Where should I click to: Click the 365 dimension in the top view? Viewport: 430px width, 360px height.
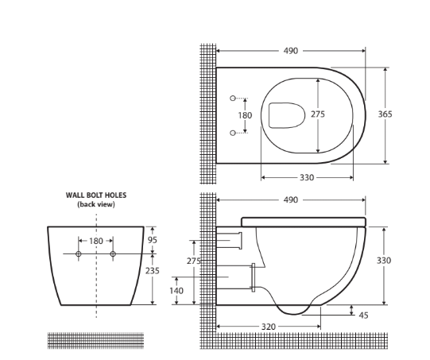pyautogui.click(x=385, y=114)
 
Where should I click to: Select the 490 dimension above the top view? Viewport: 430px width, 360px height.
pyautogui.click(x=291, y=51)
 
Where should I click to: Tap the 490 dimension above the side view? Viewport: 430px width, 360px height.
pyautogui.click(x=291, y=200)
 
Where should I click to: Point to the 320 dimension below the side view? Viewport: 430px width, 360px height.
pyautogui.click(x=268, y=327)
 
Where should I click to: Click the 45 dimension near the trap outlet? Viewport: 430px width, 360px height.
pyautogui.click(x=364, y=315)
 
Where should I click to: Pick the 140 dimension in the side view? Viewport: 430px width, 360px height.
pyautogui.click(x=176, y=291)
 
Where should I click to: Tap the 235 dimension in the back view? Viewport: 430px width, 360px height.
pyautogui.click(x=153, y=271)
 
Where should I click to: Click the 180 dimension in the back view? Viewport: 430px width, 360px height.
pyautogui.click(x=96, y=240)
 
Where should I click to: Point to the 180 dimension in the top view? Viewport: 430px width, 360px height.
pyautogui.click(x=246, y=115)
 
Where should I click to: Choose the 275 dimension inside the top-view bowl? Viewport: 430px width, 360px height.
pyautogui.click(x=317, y=114)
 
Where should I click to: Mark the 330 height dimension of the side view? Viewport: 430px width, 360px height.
pyautogui.click(x=385, y=261)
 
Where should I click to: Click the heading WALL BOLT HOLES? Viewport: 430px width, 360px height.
pyautogui.click(x=96, y=195)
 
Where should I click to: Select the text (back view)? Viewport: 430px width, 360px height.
pyautogui.click(x=96, y=204)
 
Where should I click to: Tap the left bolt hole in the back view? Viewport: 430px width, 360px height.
pyautogui.click(x=79, y=254)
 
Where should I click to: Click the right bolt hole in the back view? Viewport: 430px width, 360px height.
pyautogui.click(x=113, y=254)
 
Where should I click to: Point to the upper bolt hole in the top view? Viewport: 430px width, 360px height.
pyautogui.click(x=233, y=98)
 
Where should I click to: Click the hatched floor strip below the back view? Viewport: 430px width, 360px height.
pyautogui.click(x=96, y=340)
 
